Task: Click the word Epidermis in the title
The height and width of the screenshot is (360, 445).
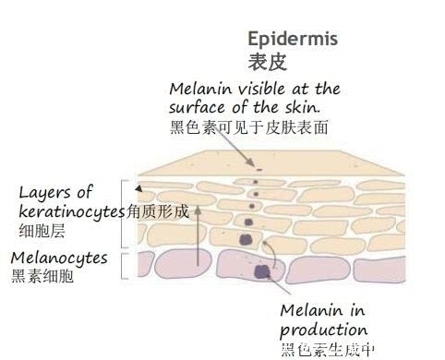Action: (293, 40)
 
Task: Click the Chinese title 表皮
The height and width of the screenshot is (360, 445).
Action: (269, 63)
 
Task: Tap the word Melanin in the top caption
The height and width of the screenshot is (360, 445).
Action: (200, 89)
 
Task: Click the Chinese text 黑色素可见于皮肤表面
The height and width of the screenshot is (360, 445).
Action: (250, 126)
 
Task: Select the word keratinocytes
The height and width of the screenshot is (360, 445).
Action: (71, 211)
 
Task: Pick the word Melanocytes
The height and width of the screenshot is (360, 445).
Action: (59, 257)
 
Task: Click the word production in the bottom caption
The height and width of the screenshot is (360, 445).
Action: (323, 329)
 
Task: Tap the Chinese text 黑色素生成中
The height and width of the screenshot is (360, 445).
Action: (328, 350)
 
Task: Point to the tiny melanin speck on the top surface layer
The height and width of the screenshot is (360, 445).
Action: (259, 169)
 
